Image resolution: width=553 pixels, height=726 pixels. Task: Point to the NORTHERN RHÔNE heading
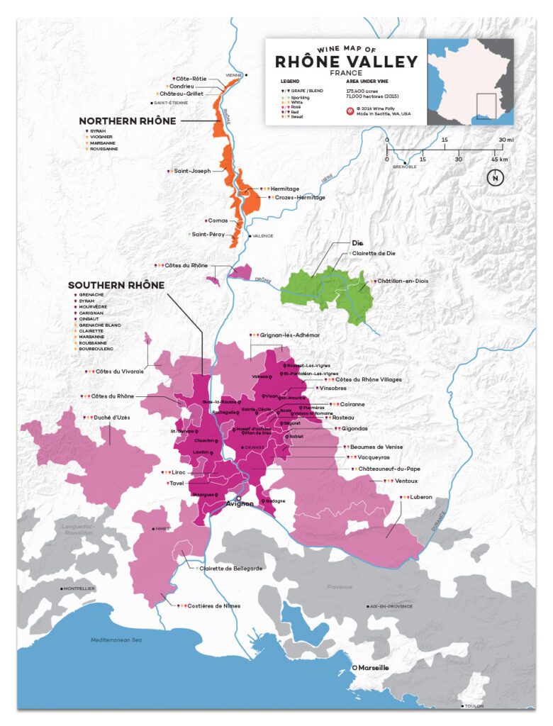click(x=128, y=121)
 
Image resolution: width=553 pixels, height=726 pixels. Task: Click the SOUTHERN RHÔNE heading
click(x=116, y=285)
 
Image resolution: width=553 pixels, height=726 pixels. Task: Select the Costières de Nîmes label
click(x=213, y=605)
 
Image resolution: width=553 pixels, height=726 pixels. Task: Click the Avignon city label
click(x=239, y=504)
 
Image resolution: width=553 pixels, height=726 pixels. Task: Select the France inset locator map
click(x=470, y=81)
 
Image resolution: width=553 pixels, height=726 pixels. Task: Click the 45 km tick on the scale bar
click(x=494, y=159)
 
